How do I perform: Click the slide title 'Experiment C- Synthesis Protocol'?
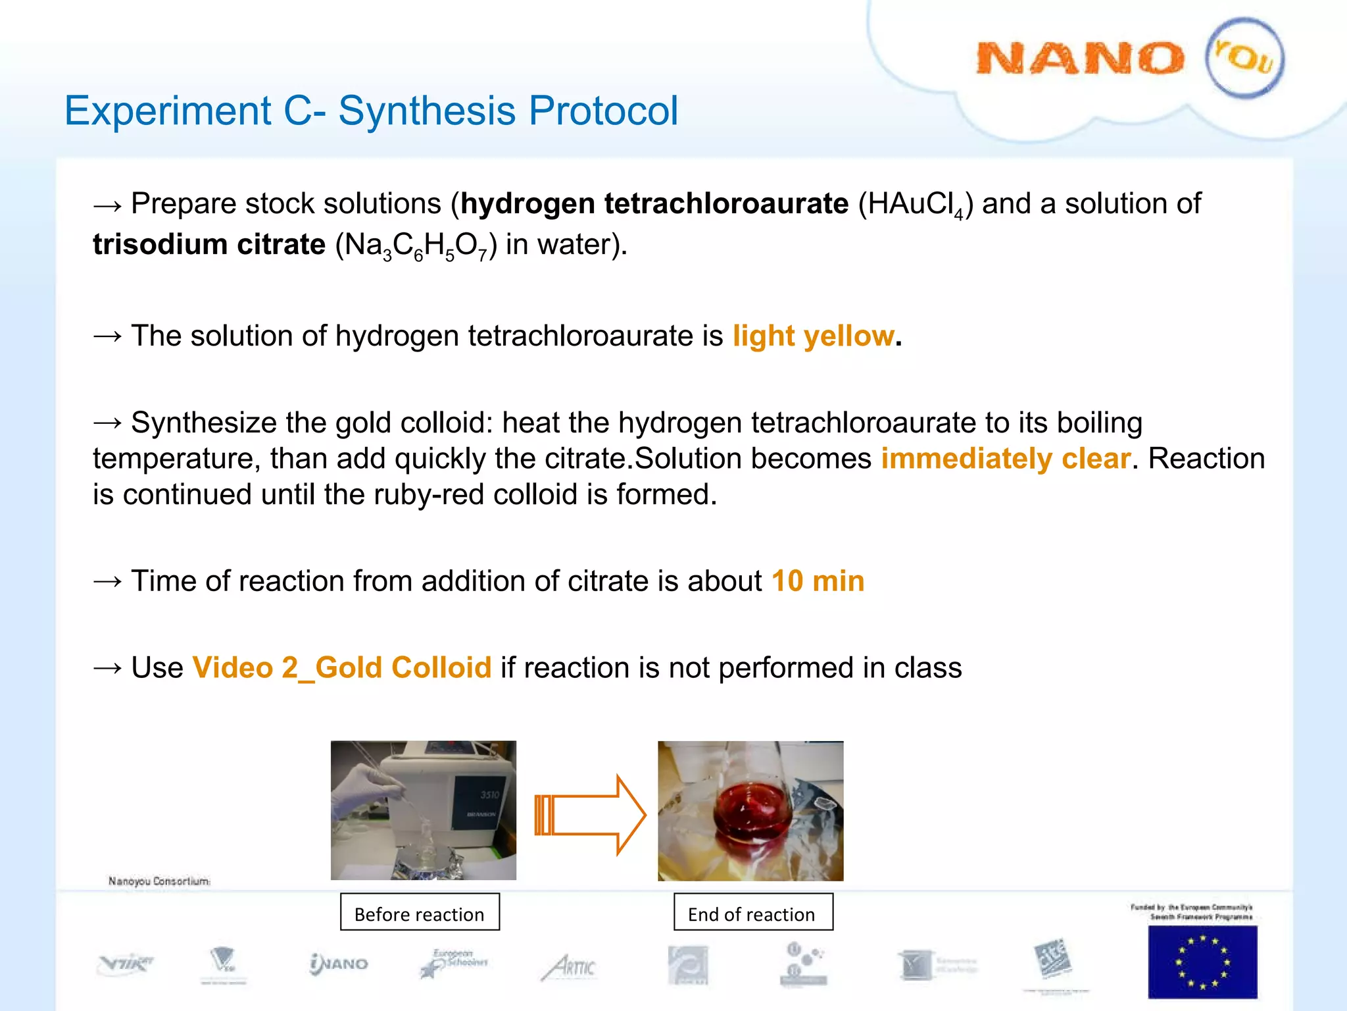tap(370, 111)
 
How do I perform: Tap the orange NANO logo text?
tap(1079, 59)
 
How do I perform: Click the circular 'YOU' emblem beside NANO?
tap(1244, 59)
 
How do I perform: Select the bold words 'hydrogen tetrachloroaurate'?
tap(654, 204)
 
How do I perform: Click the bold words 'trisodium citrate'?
tap(208, 245)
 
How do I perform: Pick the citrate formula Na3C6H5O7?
tap(416, 246)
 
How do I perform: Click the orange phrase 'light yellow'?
tap(814, 336)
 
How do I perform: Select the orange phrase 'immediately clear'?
tap(1006, 459)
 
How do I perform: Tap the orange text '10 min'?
tap(818, 581)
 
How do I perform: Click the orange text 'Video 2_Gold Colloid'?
tap(341, 668)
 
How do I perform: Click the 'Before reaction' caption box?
tap(420, 912)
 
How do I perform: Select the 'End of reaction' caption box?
tap(752, 912)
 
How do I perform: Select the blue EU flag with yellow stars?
tap(1202, 962)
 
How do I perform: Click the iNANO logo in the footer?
tap(338, 964)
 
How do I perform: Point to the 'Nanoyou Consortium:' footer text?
tap(159, 881)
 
